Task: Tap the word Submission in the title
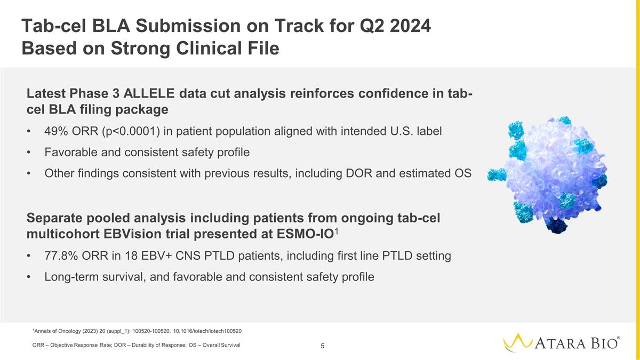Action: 188,26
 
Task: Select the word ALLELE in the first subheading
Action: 149,93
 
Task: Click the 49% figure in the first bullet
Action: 56,131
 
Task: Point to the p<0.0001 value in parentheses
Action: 131,131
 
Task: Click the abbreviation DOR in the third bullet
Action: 359,173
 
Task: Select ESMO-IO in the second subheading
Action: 306,234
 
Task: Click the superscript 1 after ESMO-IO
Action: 337,231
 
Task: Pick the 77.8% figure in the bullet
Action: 61,255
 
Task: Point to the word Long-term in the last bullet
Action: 71,277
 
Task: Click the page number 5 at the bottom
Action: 323,346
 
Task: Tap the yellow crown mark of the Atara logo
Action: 518,342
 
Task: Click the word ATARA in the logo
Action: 560,343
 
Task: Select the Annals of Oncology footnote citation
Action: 137,331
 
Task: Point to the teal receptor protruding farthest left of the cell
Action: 497,174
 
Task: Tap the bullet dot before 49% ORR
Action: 28,132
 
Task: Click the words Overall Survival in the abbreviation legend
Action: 221,345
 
